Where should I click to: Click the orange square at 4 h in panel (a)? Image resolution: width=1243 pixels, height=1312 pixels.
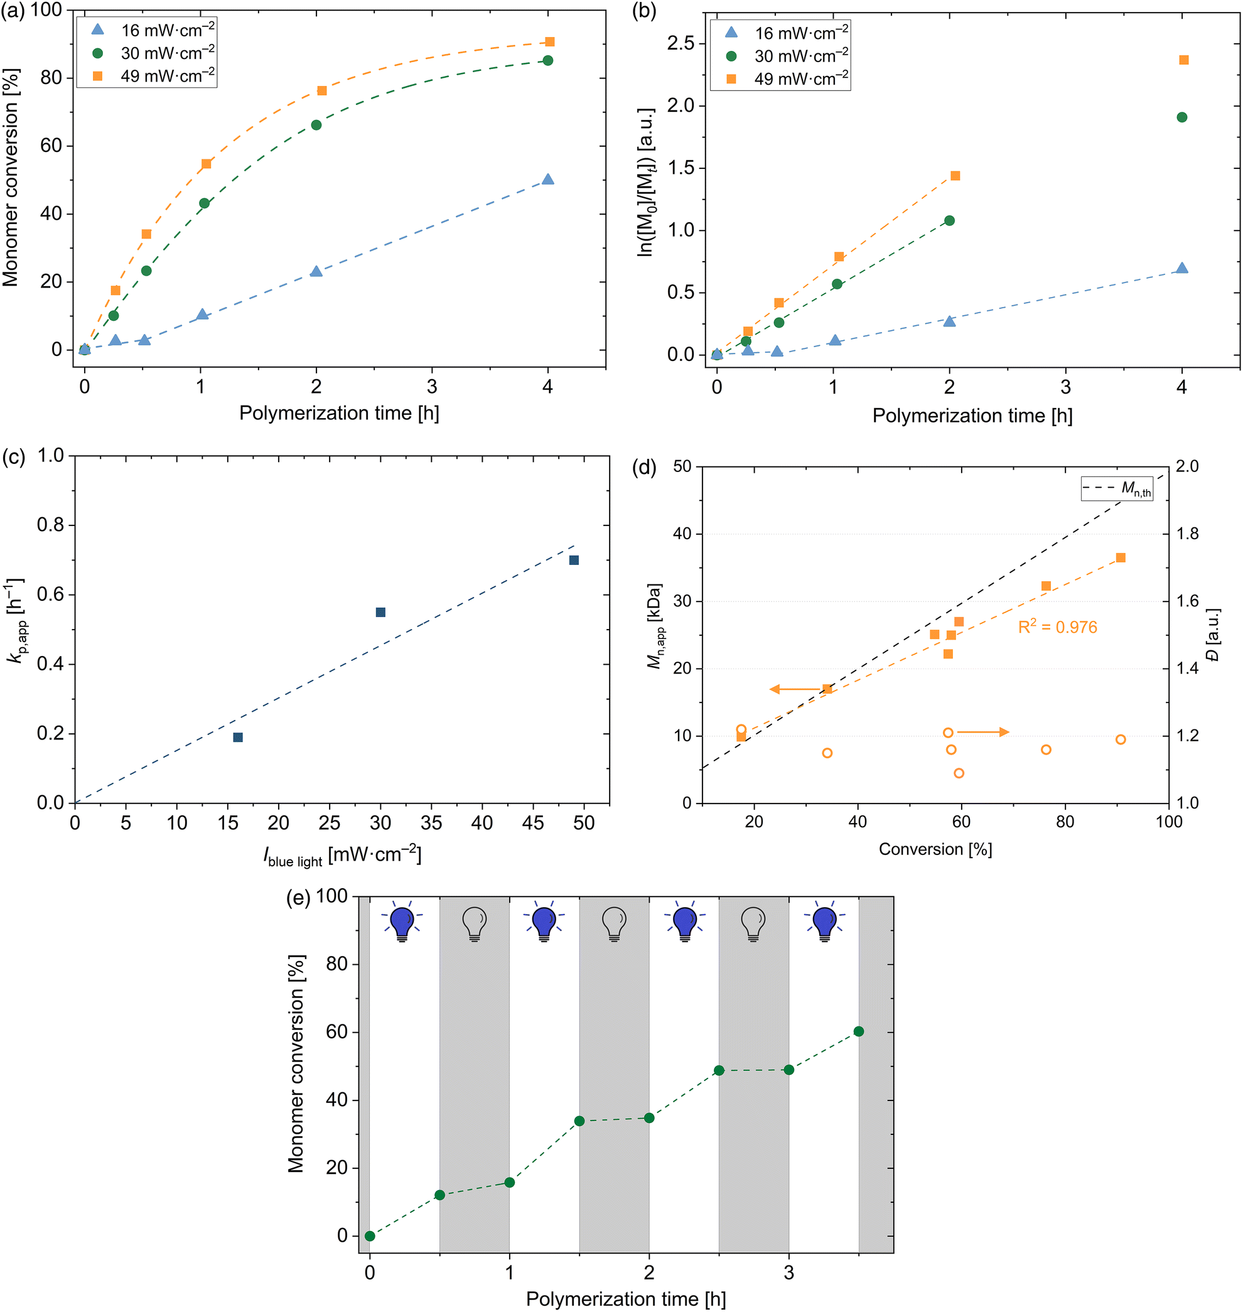tap(549, 41)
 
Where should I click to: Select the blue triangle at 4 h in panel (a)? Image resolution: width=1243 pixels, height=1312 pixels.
tap(547, 180)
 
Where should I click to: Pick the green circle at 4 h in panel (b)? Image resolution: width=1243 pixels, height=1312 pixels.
tap(1181, 117)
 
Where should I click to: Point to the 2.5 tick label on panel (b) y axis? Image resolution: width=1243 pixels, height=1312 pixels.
tap(681, 44)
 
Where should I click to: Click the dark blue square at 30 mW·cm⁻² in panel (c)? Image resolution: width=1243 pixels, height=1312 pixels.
tap(380, 612)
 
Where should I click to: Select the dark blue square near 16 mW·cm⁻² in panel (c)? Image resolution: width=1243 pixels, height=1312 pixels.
tap(238, 738)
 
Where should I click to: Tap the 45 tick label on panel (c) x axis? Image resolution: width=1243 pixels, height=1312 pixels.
tap(533, 824)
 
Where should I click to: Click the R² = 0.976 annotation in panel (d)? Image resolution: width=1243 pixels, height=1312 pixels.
tap(1057, 628)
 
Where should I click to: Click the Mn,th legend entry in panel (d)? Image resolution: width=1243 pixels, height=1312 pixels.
tap(1117, 489)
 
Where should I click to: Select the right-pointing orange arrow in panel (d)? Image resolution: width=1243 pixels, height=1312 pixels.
tap(982, 732)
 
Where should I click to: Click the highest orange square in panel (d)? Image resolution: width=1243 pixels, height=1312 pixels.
tap(1121, 558)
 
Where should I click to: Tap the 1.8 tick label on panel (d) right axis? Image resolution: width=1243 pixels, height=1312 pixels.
tap(1187, 534)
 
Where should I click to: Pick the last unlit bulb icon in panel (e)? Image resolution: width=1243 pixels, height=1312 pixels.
tap(753, 922)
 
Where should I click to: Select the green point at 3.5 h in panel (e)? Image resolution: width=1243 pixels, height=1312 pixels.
tap(859, 1032)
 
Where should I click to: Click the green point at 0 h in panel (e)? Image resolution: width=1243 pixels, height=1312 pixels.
tap(370, 1237)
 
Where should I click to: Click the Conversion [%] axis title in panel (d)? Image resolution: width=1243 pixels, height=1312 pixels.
tap(935, 849)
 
